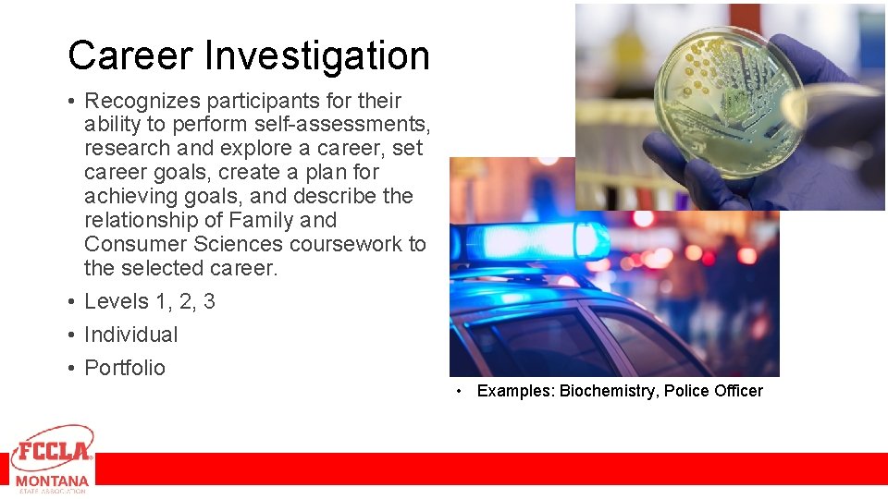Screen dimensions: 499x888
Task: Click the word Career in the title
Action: [x=130, y=55]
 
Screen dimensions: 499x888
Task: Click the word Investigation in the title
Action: [x=316, y=57]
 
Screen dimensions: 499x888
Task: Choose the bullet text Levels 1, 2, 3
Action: [x=149, y=301]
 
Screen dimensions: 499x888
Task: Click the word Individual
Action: [x=130, y=335]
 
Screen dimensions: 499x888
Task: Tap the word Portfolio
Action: [x=125, y=368]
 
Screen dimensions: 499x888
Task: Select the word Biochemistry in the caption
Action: [x=608, y=391]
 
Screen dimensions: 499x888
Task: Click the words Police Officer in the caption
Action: [x=713, y=391]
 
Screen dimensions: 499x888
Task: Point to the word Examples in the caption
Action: [x=514, y=391]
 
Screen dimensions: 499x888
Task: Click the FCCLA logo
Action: [x=52, y=450]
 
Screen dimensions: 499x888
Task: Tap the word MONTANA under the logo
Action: [x=52, y=481]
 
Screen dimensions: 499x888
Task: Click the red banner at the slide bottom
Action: [x=490, y=469]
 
